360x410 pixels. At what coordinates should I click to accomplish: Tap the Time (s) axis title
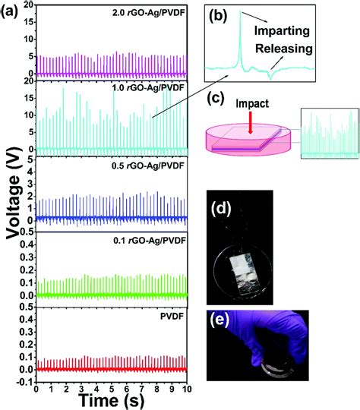tap(112, 400)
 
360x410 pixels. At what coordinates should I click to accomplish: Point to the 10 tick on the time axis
tap(185, 388)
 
